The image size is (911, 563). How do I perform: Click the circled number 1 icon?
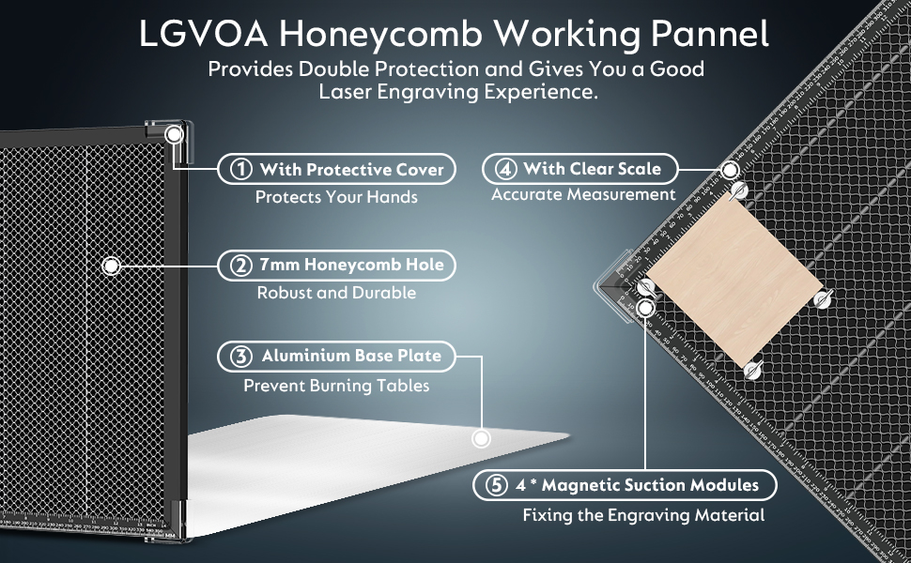tap(241, 170)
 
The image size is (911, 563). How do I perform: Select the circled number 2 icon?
tap(241, 266)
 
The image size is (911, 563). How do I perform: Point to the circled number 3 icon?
tap(241, 357)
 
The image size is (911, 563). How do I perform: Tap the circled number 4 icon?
tap(506, 170)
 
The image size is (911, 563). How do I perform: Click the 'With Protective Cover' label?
tap(351, 170)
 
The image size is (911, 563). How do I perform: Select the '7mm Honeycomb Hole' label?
tap(351, 266)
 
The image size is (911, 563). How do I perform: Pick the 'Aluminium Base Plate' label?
tap(350, 357)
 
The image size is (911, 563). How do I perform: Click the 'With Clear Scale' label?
tap(592, 170)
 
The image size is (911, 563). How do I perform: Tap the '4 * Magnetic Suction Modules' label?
tap(637, 486)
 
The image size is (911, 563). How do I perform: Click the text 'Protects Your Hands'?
tap(336, 197)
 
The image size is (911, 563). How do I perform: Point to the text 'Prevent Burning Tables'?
tap(336, 386)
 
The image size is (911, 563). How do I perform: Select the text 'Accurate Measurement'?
tap(583, 195)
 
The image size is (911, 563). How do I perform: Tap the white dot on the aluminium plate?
tap(482, 438)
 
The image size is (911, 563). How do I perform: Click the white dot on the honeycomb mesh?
tap(111, 266)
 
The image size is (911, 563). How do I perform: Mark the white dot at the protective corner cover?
tap(175, 135)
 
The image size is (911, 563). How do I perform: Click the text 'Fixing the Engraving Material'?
tap(643, 515)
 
